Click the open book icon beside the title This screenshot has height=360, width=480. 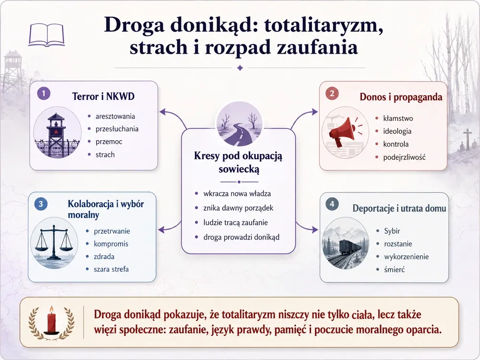pos(47,35)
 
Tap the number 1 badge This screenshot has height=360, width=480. pos(44,94)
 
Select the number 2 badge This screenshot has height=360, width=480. pos(332,93)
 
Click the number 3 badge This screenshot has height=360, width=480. pos(41,204)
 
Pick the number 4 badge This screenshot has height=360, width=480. pos(332,204)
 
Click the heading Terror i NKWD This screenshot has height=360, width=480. pos(104,96)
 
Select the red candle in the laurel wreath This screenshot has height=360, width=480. pos(51,320)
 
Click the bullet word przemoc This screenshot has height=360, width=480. pos(108,142)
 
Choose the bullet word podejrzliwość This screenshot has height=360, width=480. pos(404,157)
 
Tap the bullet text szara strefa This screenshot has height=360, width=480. pos(111,269)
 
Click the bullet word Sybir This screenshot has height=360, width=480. pos(392,231)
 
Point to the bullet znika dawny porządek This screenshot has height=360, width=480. pos(238,208)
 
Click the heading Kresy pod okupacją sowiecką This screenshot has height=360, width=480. pos(238,162)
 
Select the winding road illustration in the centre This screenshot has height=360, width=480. pos(239,124)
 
